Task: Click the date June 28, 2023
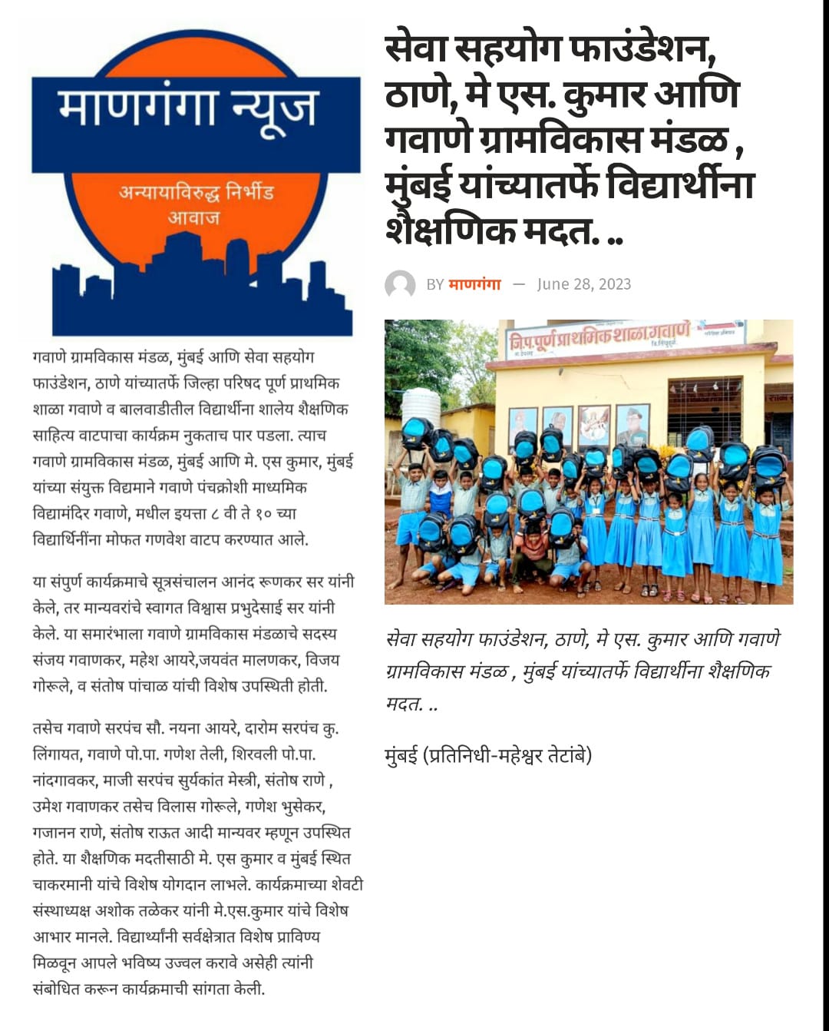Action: click(x=583, y=284)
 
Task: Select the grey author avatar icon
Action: click(x=400, y=285)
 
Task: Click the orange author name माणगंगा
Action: click(x=474, y=284)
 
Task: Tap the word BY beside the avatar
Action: click(x=434, y=285)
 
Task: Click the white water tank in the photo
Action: click(x=421, y=407)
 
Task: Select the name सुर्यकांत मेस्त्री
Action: click(x=217, y=781)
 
